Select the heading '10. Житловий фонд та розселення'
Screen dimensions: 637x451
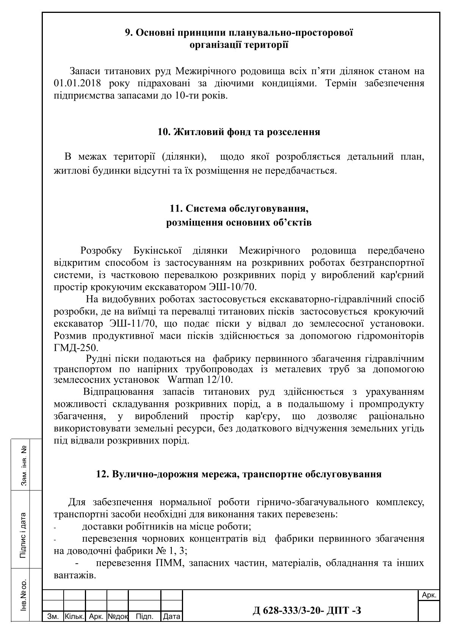tap(239, 132)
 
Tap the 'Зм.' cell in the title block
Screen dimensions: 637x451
tap(52, 617)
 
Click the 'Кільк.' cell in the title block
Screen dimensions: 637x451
tap(74, 617)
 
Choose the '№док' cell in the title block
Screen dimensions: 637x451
tap(118, 617)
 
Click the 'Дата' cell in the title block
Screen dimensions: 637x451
tap(171, 617)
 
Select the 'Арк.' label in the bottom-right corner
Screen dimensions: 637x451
tap(429, 595)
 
